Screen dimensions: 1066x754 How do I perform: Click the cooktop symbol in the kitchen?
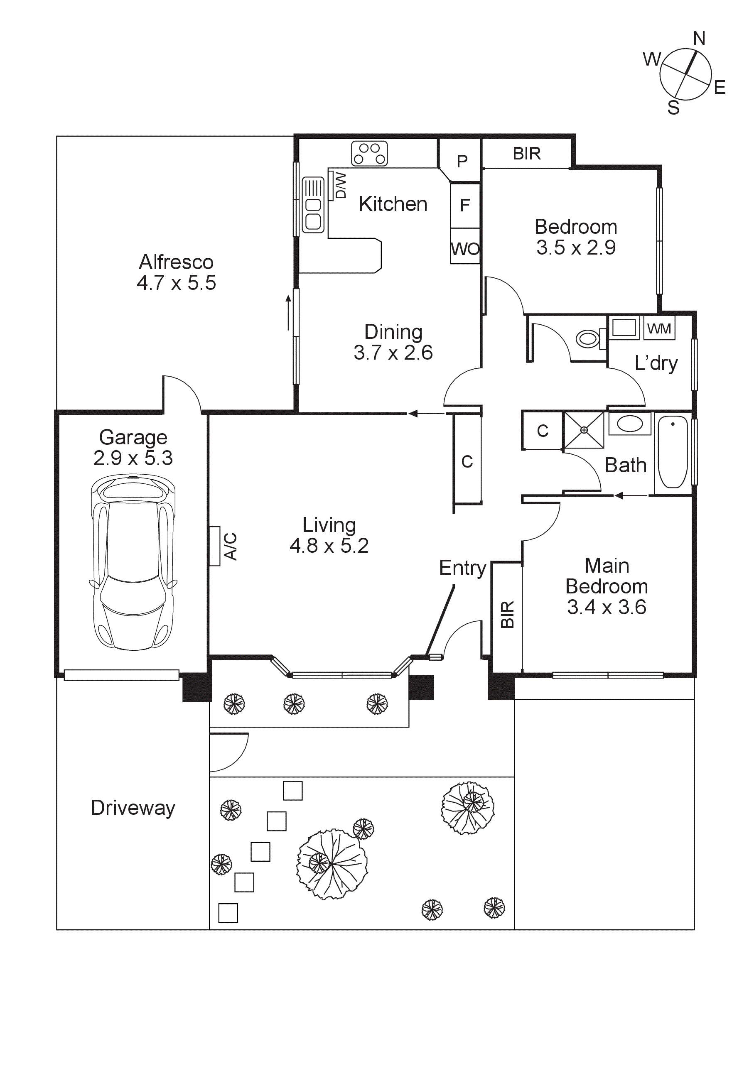click(369, 154)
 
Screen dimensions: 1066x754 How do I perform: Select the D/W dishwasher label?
click(341, 185)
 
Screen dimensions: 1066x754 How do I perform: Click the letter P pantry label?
click(462, 162)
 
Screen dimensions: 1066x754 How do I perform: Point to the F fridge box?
click(465, 205)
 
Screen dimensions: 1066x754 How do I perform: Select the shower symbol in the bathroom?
click(584, 430)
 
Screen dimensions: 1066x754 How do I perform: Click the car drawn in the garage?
click(133, 562)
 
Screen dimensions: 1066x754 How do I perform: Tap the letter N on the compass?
click(699, 39)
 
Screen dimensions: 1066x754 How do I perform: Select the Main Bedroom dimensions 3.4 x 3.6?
click(606, 607)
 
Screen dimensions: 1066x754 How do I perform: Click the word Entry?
click(462, 568)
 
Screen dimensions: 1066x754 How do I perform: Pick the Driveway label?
click(133, 808)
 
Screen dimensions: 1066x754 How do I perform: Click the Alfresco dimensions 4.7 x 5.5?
click(176, 283)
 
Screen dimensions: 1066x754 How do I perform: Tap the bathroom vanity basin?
click(629, 424)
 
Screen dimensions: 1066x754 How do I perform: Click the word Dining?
click(393, 332)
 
